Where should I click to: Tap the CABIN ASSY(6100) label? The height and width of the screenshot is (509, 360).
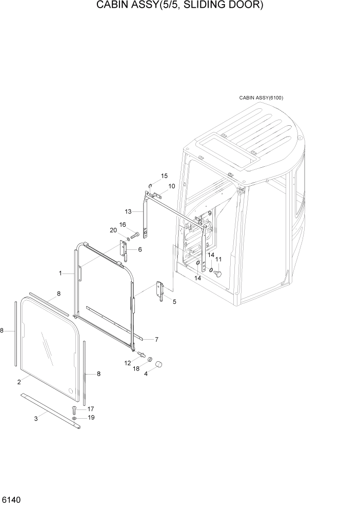261,97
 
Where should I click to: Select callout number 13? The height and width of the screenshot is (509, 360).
128,211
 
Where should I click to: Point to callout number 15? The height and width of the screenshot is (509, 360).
164,176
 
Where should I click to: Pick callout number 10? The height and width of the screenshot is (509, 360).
171,186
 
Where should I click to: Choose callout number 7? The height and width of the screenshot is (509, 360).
156,339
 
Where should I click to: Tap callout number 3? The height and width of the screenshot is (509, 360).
36,419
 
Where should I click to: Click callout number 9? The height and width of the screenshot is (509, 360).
209,213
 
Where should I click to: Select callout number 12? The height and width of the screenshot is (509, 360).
127,363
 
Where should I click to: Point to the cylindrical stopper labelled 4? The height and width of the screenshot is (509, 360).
159,365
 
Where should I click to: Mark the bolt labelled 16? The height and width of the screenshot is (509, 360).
135,236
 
